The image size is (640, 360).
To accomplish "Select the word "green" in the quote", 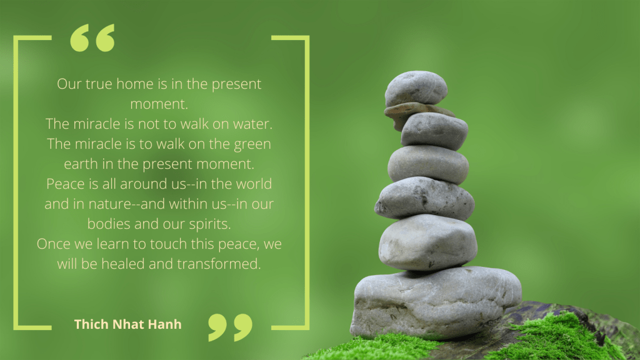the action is click(252, 144).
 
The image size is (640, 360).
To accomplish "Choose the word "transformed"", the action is click(219, 264).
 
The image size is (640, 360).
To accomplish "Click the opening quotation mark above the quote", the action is click(92, 38).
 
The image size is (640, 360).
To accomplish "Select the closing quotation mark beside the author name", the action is click(230, 327).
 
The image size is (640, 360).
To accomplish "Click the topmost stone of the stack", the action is click(416, 87).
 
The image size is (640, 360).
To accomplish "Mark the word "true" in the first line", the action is click(97, 84).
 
